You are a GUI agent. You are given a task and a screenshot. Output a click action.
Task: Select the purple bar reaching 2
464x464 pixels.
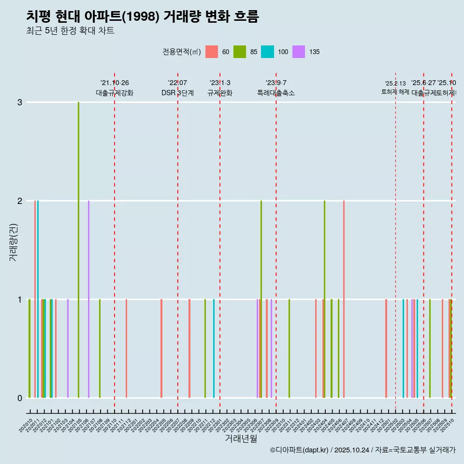(88, 300)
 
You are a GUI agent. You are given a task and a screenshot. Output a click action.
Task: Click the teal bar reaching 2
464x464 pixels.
(38, 300)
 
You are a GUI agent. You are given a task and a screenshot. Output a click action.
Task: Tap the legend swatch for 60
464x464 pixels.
(212, 52)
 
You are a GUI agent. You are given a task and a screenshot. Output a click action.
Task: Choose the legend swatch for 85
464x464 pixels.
(240, 52)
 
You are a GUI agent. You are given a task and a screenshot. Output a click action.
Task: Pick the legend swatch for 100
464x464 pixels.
(267, 52)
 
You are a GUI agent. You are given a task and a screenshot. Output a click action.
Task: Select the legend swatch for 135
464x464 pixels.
(299, 52)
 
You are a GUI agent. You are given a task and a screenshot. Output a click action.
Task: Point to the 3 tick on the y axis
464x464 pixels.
(19, 102)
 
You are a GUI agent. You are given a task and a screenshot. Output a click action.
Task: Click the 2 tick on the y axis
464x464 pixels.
(19, 201)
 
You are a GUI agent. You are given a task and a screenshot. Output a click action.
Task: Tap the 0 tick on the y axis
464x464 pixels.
(19, 398)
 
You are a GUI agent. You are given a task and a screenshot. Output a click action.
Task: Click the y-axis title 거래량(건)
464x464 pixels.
(13, 242)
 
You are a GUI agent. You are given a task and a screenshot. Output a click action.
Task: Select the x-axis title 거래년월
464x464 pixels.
(241, 438)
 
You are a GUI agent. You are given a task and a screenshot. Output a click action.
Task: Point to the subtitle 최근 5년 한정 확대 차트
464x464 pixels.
(70, 31)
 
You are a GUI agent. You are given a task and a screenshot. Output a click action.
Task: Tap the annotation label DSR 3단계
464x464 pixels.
(177, 93)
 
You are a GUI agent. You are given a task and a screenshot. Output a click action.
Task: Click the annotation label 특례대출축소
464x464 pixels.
(275, 93)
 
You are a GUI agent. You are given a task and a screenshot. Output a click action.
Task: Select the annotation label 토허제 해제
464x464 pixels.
(395, 92)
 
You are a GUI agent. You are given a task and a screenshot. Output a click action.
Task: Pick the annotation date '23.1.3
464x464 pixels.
(220, 83)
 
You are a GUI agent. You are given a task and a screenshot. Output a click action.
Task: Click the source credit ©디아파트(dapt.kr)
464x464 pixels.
(300, 450)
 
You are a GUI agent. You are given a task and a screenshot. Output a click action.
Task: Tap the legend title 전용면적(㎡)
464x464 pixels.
(182, 52)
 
